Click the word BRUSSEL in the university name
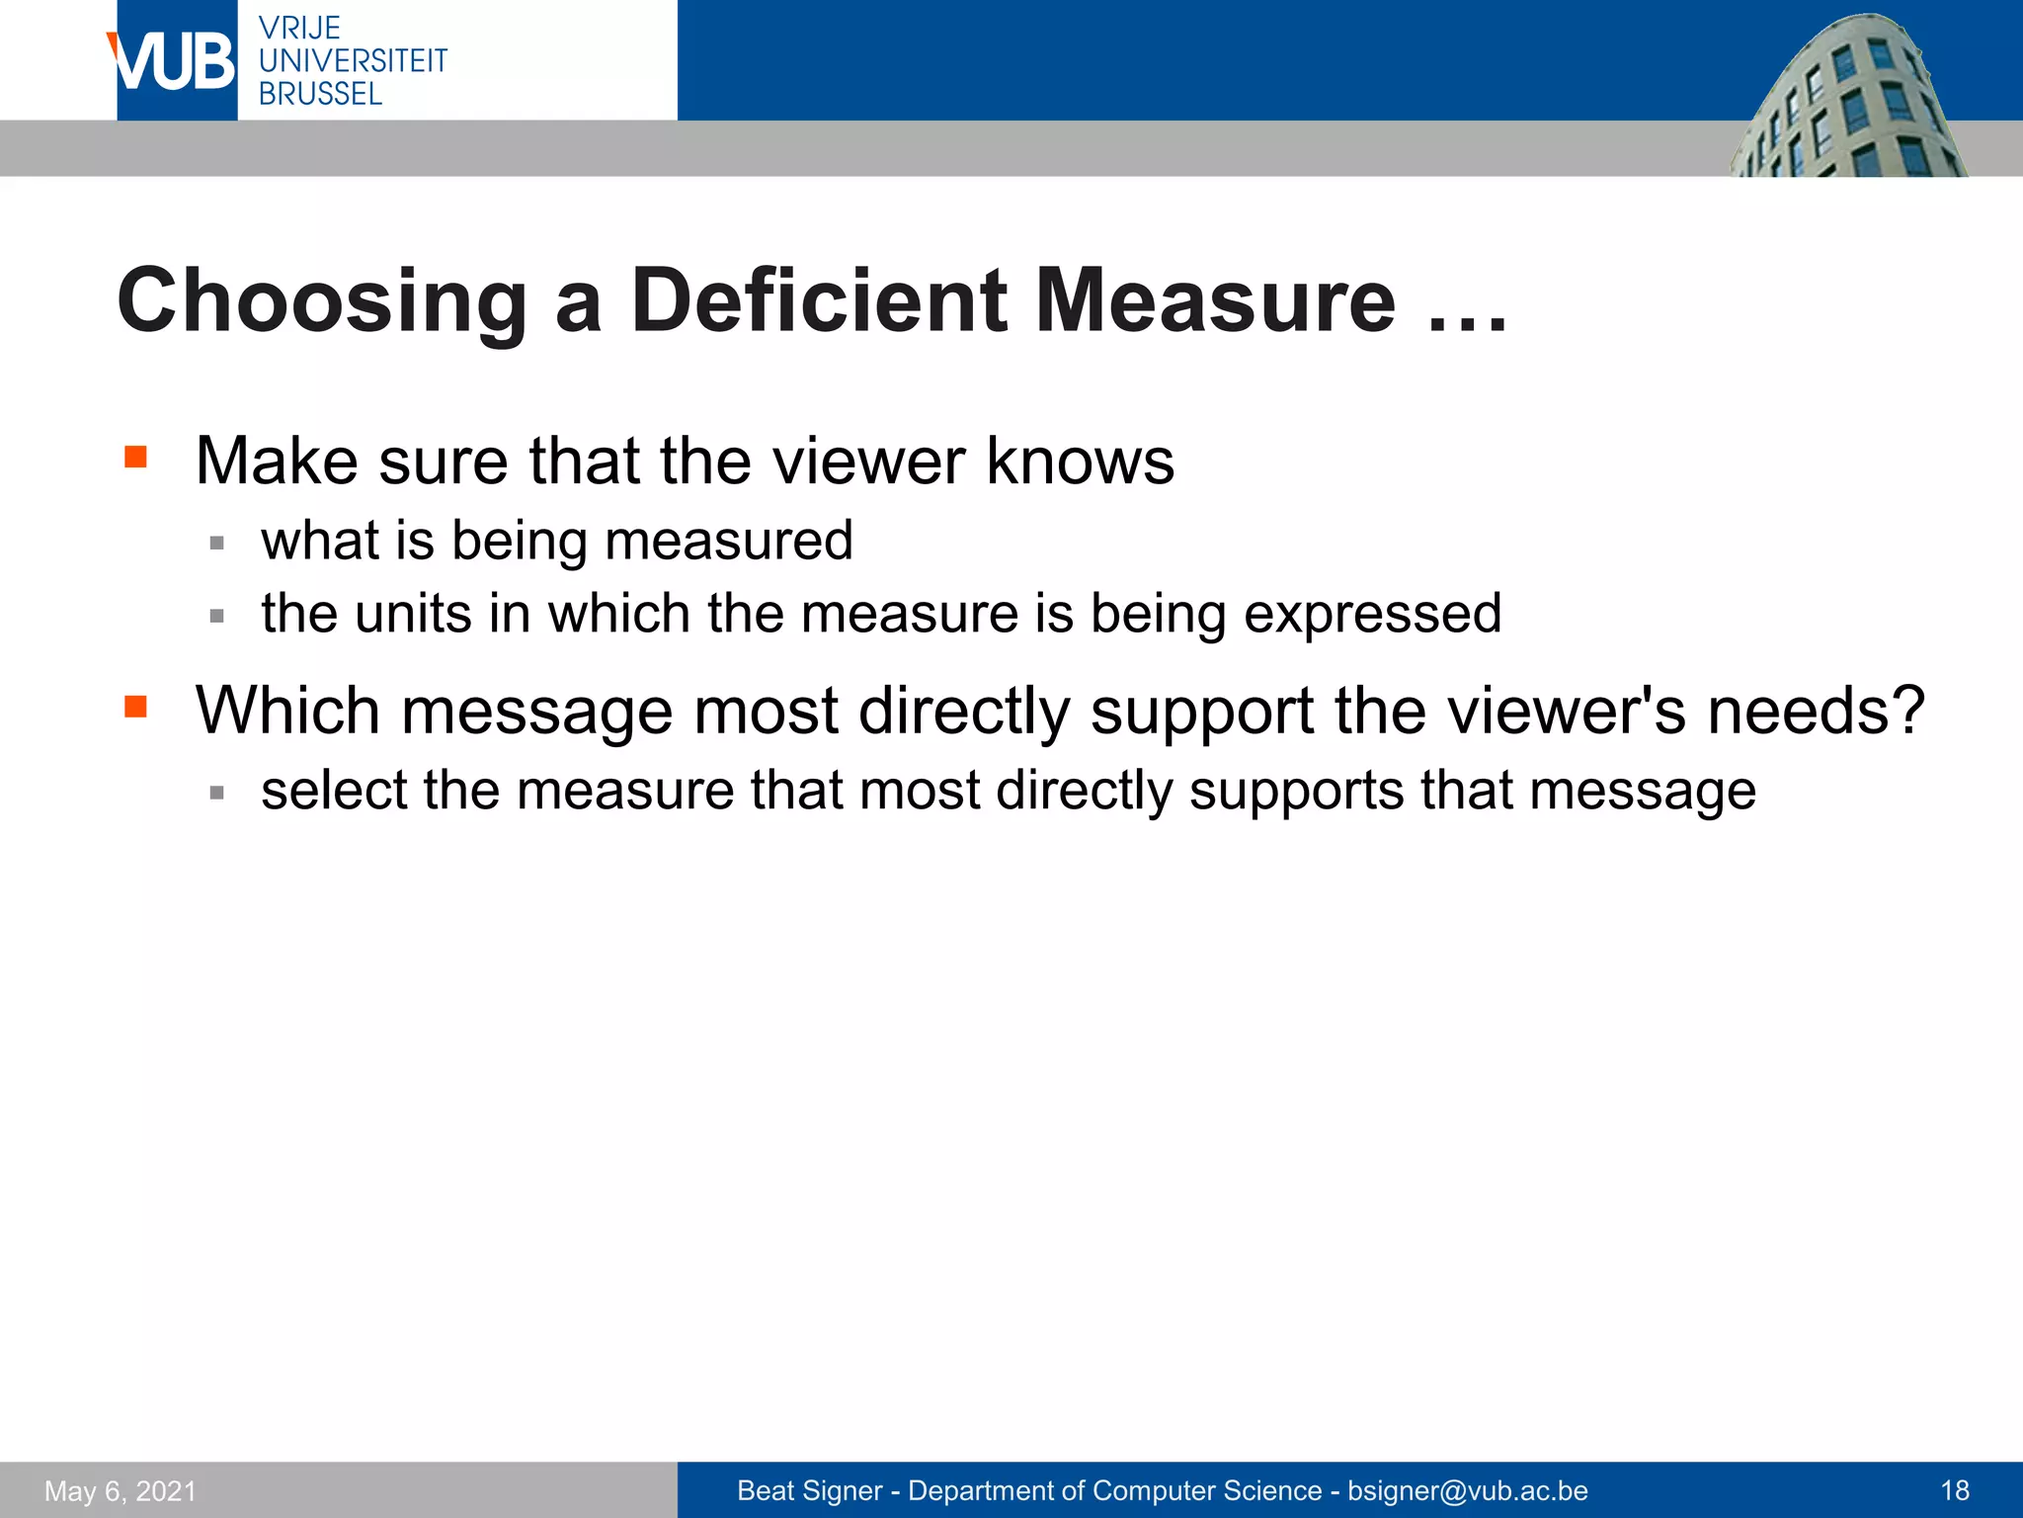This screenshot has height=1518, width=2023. pyautogui.click(x=320, y=94)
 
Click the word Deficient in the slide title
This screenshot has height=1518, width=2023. pyautogui.click(x=819, y=300)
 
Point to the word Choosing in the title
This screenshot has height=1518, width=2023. pyautogui.click(x=322, y=302)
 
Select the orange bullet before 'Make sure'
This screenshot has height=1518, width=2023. pyautogui.click(x=136, y=457)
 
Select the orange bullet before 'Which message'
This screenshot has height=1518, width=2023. pyautogui.click(x=136, y=706)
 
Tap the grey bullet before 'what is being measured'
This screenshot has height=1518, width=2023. pyautogui.click(x=217, y=543)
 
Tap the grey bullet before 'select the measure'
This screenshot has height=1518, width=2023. pyautogui.click(x=217, y=792)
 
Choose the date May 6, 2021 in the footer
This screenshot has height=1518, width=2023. pyautogui.click(x=121, y=1491)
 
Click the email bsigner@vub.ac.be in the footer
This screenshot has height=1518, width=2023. pyautogui.click(x=1467, y=1490)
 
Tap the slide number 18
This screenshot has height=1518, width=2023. pyautogui.click(x=1955, y=1490)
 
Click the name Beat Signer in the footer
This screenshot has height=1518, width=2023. pyautogui.click(x=809, y=1490)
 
